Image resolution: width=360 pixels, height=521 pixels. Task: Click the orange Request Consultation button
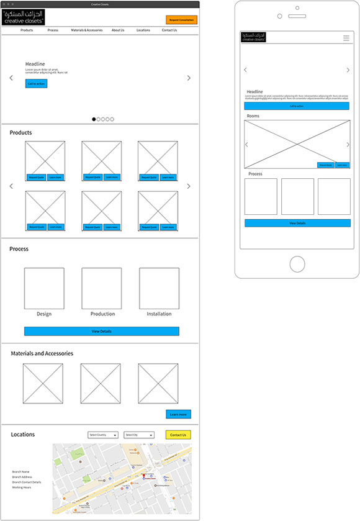[181, 20]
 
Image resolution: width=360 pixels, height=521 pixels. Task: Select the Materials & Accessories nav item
[87, 30]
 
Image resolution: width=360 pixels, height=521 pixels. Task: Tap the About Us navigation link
[118, 30]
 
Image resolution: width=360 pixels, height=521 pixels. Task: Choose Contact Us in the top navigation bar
[169, 30]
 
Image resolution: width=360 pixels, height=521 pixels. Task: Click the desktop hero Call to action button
[36, 83]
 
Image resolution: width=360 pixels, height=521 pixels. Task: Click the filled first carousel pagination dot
[94, 119]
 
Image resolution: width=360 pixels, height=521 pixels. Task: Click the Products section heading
[20, 133]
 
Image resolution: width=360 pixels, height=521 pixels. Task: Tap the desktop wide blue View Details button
[102, 332]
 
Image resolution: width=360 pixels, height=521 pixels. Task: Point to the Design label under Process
[44, 314]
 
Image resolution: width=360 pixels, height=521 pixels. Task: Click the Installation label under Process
[159, 314]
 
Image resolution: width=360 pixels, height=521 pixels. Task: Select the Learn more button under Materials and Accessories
[178, 414]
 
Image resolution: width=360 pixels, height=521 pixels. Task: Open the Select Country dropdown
[103, 435]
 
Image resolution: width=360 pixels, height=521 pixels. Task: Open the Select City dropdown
[139, 435]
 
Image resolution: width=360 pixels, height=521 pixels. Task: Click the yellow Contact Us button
[178, 435]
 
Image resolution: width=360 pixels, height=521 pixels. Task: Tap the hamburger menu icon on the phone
[346, 38]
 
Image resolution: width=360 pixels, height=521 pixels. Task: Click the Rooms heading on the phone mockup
[253, 116]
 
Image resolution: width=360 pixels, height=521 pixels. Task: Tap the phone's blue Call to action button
[297, 106]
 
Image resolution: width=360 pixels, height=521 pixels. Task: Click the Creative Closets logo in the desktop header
[24, 17]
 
